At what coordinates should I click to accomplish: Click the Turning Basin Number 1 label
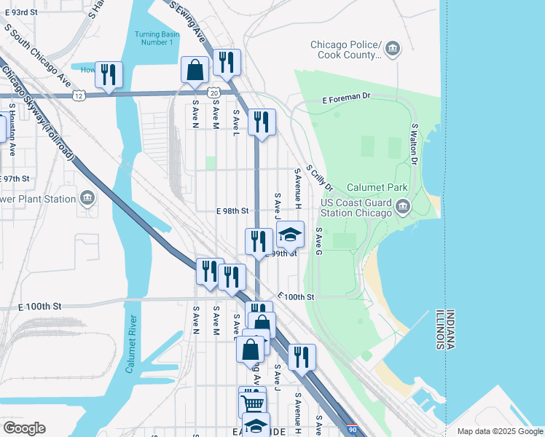(x=154, y=38)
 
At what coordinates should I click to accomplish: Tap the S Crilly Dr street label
(x=319, y=178)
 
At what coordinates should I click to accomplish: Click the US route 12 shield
(x=79, y=95)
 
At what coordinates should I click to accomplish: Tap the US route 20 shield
(x=213, y=93)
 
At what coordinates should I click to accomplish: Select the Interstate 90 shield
(x=352, y=430)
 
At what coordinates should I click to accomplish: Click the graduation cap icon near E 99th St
(x=290, y=234)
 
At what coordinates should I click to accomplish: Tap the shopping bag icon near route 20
(x=195, y=70)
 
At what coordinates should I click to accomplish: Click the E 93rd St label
(x=21, y=13)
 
